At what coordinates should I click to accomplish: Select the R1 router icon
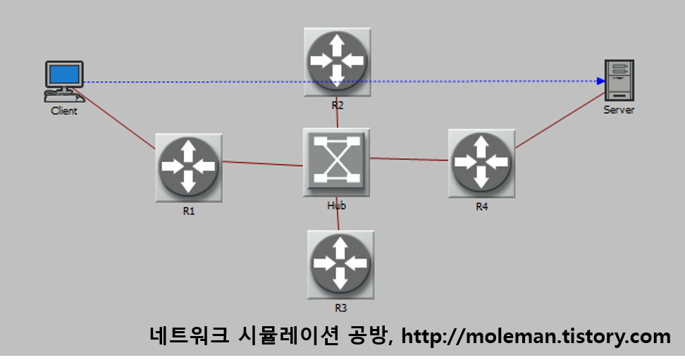[x=187, y=167]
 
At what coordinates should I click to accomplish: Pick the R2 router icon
[x=337, y=61]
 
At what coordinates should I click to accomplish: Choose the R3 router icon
[x=340, y=264]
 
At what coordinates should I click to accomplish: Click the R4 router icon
[x=481, y=163]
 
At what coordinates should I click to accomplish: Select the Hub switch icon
[x=336, y=161]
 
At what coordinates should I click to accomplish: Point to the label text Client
[x=64, y=111]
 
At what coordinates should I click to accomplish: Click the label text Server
[x=619, y=111]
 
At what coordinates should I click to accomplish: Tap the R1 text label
[x=188, y=211]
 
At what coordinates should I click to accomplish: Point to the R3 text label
[x=341, y=308]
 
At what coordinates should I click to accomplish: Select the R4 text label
[x=481, y=207]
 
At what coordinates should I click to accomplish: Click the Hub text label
[x=337, y=206]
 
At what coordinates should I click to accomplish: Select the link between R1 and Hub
[x=262, y=164]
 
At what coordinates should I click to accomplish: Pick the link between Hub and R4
[x=409, y=159]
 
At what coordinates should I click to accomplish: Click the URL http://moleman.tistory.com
[x=536, y=336]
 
